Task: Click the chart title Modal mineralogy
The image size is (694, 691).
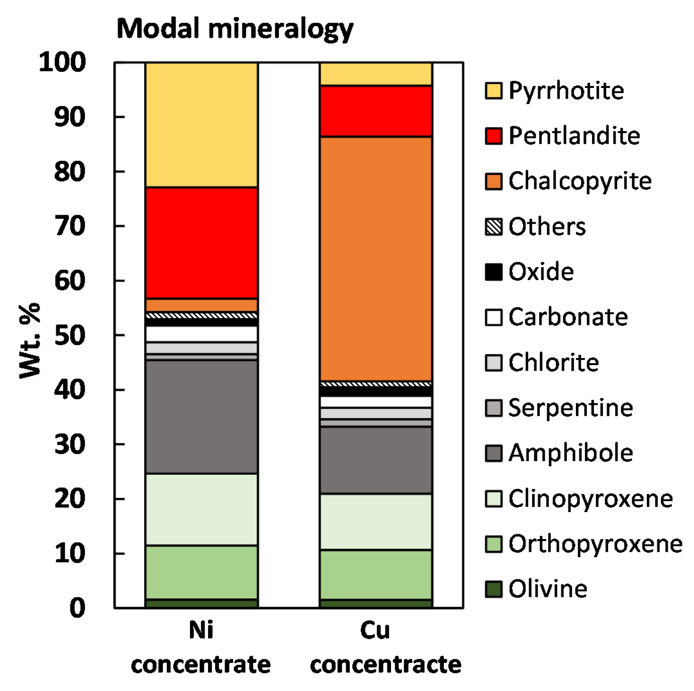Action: [x=235, y=29]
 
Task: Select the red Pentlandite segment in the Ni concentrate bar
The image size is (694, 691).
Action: [x=202, y=243]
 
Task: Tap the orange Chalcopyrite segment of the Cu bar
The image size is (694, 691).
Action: [x=376, y=258]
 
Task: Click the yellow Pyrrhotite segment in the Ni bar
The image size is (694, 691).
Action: [x=202, y=125]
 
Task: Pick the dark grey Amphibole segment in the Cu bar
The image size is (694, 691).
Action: [x=376, y=460]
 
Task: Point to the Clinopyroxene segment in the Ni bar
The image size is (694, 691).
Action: [x=202, y=509]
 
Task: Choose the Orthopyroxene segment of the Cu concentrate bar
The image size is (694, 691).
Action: [x=376, y=574]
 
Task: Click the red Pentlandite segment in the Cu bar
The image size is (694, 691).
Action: [x=376, y=111]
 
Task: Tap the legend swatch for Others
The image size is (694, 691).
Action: [x=493, y=227]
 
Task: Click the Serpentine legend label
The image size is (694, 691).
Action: [x=570, y=408]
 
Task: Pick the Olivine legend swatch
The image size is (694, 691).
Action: [x=493, y=589]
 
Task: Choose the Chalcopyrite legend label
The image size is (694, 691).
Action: [x=579, y=181]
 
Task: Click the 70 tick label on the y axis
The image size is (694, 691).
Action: [x=70, y=226]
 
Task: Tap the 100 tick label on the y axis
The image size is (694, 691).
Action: [x=62, y=62]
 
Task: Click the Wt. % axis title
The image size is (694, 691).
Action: [x=30, y=340]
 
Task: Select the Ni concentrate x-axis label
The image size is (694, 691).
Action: [x=201, y=647]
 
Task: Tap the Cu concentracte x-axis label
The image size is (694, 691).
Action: [x=385, y=647]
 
